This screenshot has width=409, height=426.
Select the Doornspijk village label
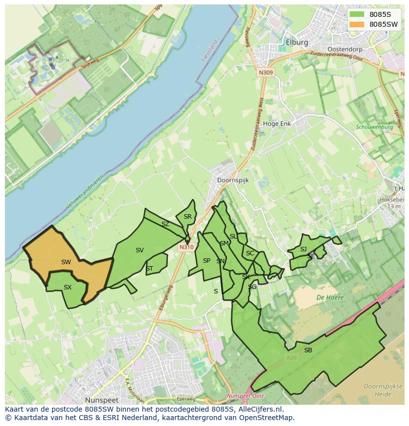click(233, 181)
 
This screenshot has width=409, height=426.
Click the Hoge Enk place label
click(277, 124)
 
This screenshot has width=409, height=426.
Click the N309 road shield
click(265, 72)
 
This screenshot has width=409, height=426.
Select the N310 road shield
click(186, 247)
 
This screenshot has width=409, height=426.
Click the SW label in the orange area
click(66, 262)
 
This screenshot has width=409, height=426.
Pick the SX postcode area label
click(68, 287)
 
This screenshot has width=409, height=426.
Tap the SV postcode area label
click(140, 250)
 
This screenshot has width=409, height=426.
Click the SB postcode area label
click(308, 350)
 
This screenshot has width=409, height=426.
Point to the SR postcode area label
click(187, 217)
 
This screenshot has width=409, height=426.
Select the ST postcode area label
click(149, 269)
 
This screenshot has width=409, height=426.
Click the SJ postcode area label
click(303, 249)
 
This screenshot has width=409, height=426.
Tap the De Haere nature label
click(330, 297)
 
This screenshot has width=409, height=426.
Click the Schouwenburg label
click(374, 127)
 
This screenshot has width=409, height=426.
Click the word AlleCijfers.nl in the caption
click(258, 409)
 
